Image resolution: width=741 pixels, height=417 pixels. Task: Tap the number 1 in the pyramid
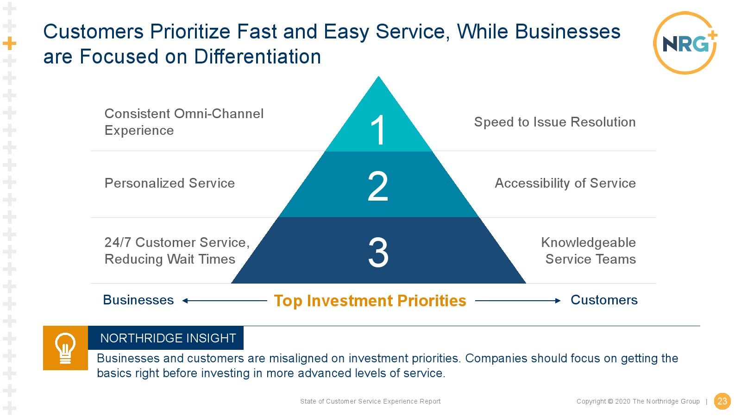pyautogui.click(x=378, y=130)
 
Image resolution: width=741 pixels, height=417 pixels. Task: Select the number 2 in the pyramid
pyautogui.click(x=378, y=186)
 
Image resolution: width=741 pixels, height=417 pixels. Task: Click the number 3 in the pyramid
pyautogui.click(x=378, y=252)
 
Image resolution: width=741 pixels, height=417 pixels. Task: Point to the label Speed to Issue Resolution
pyautogui.click(x=555, y=122)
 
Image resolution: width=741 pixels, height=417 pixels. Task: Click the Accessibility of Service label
pyautogui.click(x=565, y=183)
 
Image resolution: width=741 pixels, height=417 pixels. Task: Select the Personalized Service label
pyautogui.click(x=170, y=183)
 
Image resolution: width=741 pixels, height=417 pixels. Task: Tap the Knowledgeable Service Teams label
pyautogui.click(x=589, y=251)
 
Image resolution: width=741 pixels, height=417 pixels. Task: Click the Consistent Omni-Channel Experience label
pyautogui.click(x=184, y=122)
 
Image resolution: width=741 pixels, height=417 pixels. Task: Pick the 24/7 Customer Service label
pyautogui.click(x=177, y=251)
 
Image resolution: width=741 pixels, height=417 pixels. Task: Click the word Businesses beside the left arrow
pyautogui.click(x=138, y=300)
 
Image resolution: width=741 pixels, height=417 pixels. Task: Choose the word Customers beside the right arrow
pyautogui.click(x=604, y=300)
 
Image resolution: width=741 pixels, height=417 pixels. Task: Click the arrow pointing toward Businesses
pyautogui.click(x=225, y=301)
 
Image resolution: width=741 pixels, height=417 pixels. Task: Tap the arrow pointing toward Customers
pyautogui.click(x=518, y=301)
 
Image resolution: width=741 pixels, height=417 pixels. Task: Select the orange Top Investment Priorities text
pyautogui.click(x=370, y=301)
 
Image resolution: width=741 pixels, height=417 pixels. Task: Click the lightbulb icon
pyautogui.click(x=65, y=348)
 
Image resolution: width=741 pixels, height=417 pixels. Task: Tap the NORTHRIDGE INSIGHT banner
pyautogui.click(x=166, y=338)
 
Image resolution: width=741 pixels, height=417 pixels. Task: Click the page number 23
pyautogui.click(x=722, y=401)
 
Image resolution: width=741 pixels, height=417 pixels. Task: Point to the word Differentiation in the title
pyautogui.click(x=257, y=56)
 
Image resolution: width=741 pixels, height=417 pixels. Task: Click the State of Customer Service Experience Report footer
pyautogui.click(x=370, y=401)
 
